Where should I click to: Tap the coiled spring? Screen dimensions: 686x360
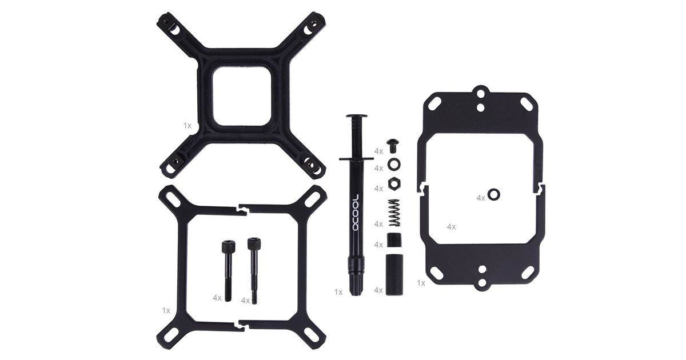pyautogui.click(x=394, y=213)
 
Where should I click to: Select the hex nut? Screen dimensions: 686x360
pyautogui.click(x=395, y=183)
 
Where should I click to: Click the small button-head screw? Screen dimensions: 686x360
pyautogui.click(x=393, y=146)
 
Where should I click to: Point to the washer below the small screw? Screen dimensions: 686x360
pyautogui.click(x=389, y=164)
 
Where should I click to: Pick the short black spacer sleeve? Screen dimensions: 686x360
pyautogui.click(x=394, y=240)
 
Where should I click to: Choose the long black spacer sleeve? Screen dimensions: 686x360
pyautogui.click(x=394, y=275)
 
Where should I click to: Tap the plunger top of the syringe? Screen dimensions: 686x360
pyautogui.click(x=357, y=116)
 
